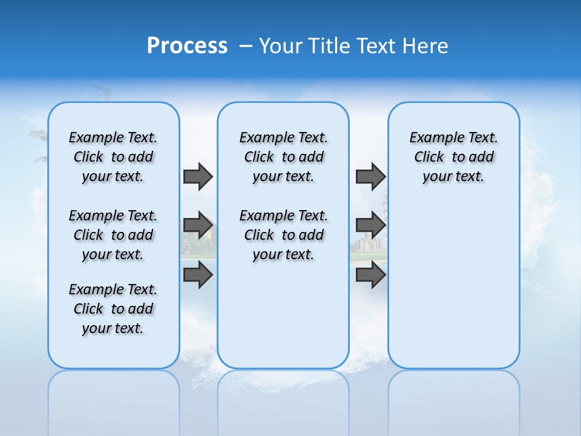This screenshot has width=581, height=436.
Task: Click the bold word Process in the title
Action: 187,46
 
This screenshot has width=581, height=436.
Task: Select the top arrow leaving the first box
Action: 198,176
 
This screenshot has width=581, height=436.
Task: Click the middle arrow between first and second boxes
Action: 198,226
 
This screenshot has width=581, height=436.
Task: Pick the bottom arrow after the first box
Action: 198,275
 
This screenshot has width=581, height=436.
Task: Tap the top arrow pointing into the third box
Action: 370,176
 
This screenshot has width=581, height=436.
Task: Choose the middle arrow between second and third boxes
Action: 370,226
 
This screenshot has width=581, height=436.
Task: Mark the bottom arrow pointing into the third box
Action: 370,275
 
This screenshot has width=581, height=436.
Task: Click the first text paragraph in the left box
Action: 113,157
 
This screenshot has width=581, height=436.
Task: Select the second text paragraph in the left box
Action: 113,235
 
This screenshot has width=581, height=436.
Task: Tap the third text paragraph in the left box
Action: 113,309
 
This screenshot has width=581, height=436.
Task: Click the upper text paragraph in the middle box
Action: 283,157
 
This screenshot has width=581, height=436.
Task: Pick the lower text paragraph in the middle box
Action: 283,235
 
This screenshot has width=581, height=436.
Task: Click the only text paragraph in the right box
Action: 453,157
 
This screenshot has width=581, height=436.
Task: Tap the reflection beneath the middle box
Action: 283,394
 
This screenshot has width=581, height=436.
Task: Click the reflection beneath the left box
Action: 113,394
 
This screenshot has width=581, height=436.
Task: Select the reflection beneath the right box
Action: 453,394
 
